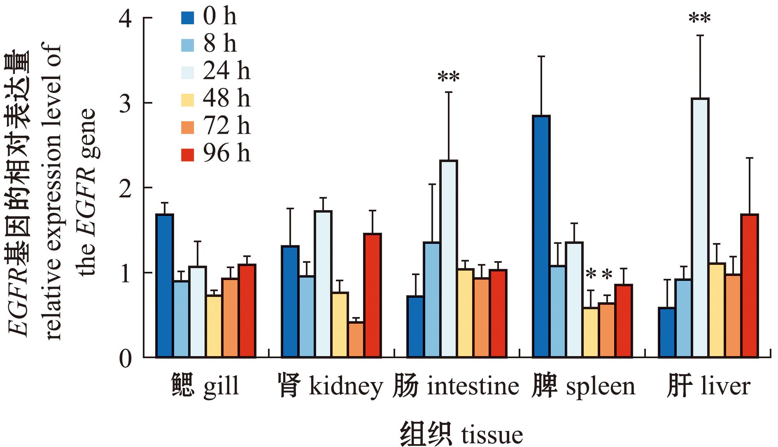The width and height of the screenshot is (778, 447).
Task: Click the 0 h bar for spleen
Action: (541, 236)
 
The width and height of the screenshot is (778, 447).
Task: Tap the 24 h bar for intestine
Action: (448, 259)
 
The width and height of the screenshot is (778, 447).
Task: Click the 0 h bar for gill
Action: (165, 285)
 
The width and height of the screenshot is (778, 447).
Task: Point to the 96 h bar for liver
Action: (749, 285)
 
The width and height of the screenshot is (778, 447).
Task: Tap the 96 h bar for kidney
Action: (372, 295)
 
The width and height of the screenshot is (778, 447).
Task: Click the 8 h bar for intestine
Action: (432, 300)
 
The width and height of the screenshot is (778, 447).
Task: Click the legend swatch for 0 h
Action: (187, 18)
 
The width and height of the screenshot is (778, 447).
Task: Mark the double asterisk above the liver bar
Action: (699, 19)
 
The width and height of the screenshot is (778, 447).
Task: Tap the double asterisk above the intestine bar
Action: (448, 77)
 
